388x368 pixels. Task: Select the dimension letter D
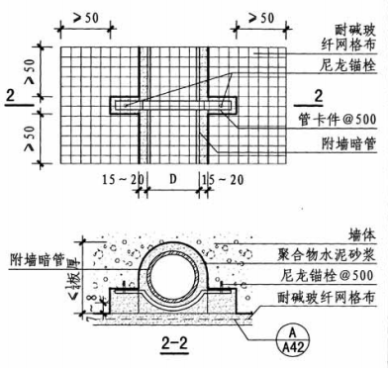174,180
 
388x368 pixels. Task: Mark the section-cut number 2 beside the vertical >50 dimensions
10,97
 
